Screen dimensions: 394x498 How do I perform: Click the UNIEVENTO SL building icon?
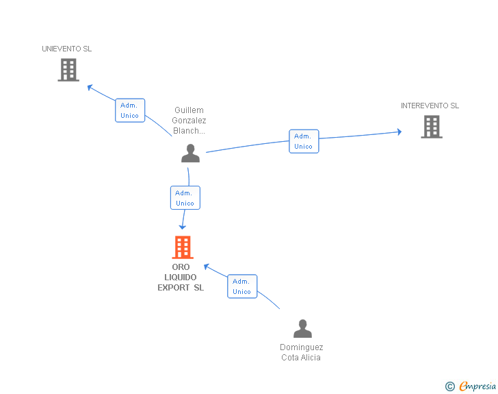tap(68, 70)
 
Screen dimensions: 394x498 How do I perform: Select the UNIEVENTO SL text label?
tap(66, 49)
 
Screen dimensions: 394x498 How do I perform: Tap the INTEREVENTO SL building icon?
tap(431, 127)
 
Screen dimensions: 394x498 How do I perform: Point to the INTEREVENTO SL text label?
tap(430, 106)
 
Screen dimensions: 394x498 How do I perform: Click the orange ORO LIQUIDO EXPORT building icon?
tap(182, 247)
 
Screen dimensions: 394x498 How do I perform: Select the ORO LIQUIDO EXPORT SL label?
tap(181, 278)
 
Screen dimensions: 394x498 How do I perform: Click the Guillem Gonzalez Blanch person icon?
tap(190, 153)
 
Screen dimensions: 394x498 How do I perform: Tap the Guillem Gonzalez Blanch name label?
tap(189, 121)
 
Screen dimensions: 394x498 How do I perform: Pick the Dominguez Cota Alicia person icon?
tap(302, 329)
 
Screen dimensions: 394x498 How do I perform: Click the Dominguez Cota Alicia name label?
tap(301, 352)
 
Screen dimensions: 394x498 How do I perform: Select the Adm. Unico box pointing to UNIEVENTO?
tap(129, 110)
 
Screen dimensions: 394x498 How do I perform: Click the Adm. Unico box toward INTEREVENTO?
tap(303, 141)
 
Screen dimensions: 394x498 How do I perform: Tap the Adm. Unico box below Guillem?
tap(185, 198)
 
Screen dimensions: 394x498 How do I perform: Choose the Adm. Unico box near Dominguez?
tap(242, 286)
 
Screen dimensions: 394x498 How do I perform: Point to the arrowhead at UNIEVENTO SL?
tap(90, 87)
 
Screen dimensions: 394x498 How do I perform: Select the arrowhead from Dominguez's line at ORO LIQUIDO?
tap(207, 267)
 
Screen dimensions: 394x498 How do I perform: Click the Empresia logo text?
tap(477, 386)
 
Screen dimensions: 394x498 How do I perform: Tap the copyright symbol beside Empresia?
tap(449, 386)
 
